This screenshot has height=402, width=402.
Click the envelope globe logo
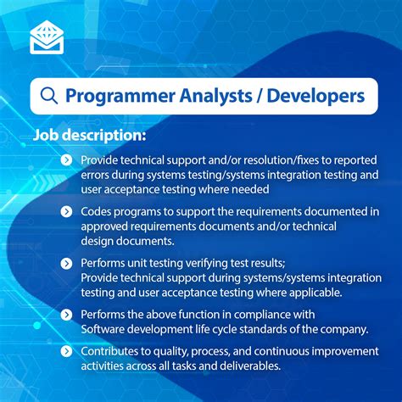click(47, 36)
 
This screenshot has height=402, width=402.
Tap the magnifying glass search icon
click(49, 96)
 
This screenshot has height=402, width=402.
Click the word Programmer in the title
click(120, 96)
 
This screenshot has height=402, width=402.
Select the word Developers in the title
click(315, 96)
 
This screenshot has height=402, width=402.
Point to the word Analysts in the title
click(215, 96)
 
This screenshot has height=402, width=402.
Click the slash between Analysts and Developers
click(260, 96)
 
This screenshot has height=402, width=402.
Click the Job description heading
click(90, 135)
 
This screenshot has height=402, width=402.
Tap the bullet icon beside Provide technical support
click(66, 160)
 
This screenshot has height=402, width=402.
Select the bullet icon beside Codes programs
click(66, 212)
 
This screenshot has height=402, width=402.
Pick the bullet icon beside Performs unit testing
click(66, 264)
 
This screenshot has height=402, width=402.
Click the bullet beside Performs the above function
click(66, 315)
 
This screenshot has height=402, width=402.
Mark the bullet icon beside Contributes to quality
click(66, 351)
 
